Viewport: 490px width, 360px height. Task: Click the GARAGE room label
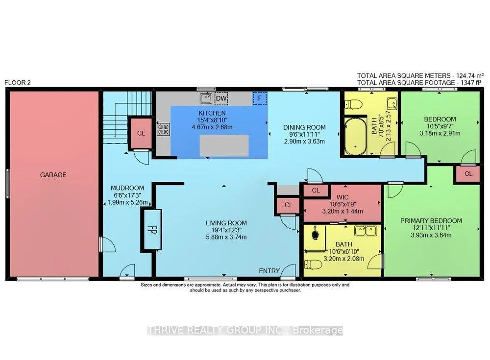click(53, 175)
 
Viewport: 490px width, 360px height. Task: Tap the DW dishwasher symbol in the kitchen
click(221, 98)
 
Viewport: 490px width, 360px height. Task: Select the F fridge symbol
click(260, 98)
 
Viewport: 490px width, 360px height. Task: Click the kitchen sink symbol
click(206, 98)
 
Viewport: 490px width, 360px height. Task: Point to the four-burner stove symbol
click(164, 129)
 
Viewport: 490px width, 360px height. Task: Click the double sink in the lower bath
click(366, 231)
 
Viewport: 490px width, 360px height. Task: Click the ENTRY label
click(269, 271)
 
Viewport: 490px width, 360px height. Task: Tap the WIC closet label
click(343, 197)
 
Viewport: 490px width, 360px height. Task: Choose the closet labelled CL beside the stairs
click(141, 133)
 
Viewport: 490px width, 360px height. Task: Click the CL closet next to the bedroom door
click(468, 174)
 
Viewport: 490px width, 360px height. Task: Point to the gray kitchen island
click(224, 145)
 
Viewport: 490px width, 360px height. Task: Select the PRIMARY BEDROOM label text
click(431, 221)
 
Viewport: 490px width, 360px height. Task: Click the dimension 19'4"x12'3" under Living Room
click(226, 230)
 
